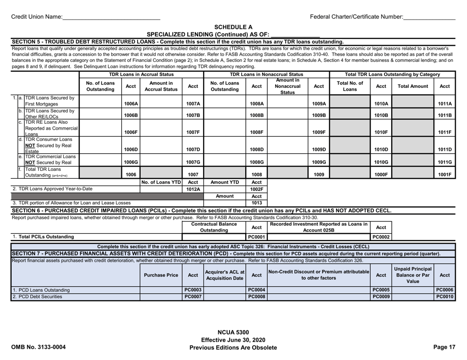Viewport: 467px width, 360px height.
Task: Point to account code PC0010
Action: point(444,299)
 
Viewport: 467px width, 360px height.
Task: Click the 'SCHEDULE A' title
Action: point(233,27)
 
